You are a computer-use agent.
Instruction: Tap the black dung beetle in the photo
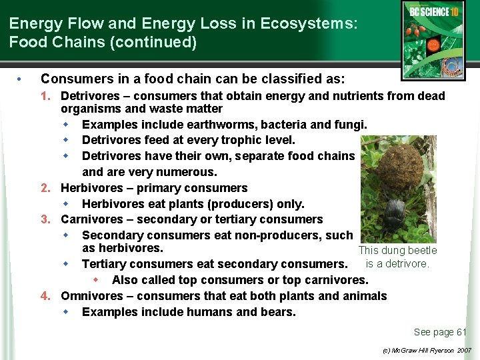tap(395, 215)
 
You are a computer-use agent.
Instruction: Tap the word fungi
tap(351, 125)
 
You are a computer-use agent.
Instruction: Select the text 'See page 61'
tap(440, 332)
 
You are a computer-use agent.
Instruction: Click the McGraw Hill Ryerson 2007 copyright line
tap(427, 350)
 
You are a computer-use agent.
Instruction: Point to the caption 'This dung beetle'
tap(397, 251)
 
